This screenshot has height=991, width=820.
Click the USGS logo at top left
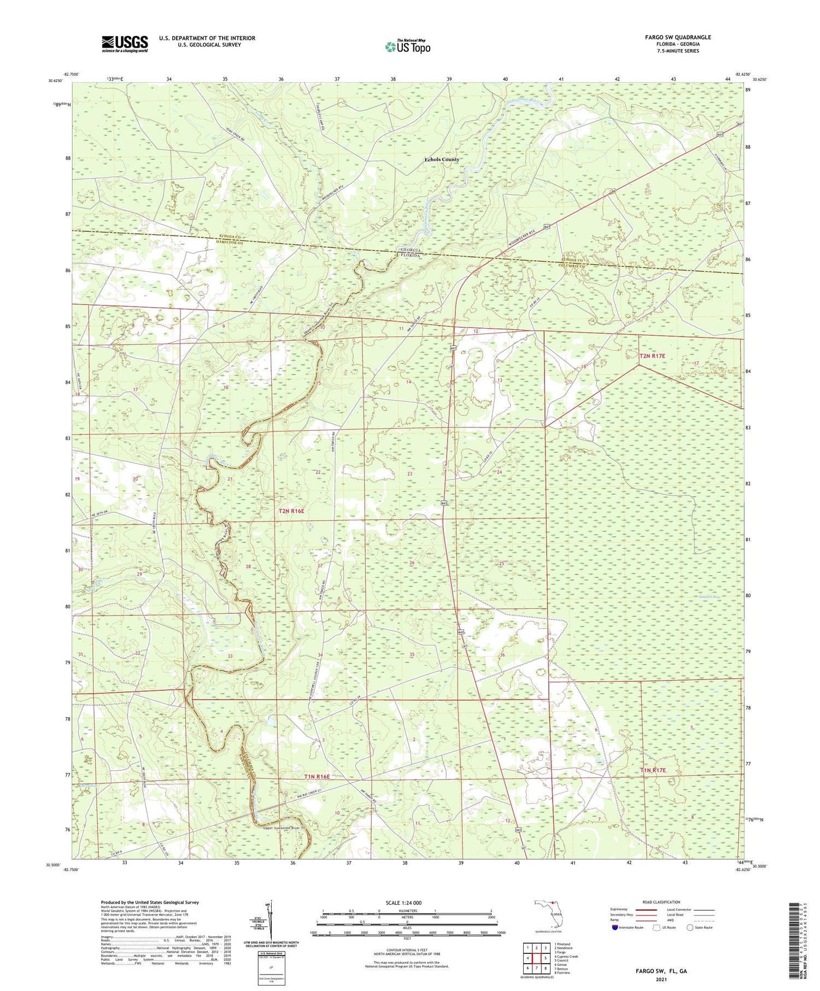125,43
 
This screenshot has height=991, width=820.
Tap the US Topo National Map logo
407,46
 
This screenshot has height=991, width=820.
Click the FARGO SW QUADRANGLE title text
678,37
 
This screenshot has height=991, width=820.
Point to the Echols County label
442,160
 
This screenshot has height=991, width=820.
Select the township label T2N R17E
652,356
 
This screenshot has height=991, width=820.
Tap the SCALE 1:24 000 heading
403,902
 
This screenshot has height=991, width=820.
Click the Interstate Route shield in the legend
615,928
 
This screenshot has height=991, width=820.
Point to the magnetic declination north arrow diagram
270,918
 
